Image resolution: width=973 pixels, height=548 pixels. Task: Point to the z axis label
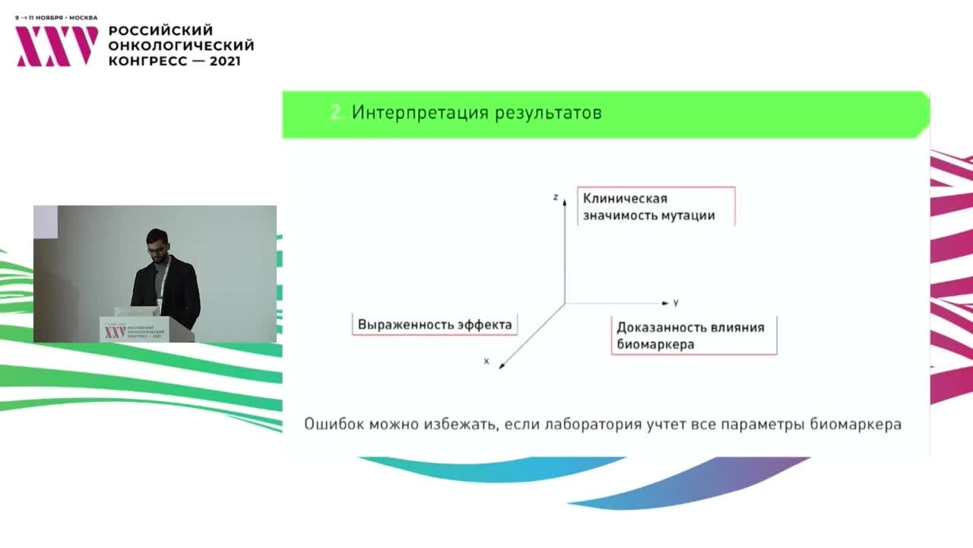(x=556, y=197)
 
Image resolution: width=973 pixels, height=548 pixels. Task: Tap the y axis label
(x=675, y=302)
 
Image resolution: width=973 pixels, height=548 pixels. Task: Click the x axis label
(x=486, y=361)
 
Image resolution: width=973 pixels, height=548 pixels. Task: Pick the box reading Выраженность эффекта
(x=435, y=324)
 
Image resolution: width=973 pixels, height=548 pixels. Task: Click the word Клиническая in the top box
(x=625, y=199)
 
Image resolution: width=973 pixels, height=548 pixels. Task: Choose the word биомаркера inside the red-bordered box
(x=655, y=344)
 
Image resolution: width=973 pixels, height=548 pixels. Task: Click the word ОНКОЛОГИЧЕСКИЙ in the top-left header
(x=182, y=46)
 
